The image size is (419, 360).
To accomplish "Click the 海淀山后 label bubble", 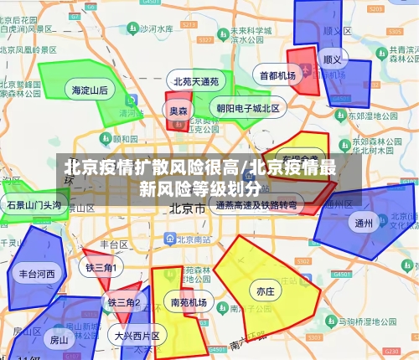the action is (90, 90).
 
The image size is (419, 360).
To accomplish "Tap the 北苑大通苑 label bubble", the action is (196, 82).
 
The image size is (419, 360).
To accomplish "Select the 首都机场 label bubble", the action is (277, 75).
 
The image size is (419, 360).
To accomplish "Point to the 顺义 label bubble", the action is (333, 60).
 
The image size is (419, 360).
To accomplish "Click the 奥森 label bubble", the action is (178, 111).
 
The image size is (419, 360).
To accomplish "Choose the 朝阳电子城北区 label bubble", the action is (248, 108).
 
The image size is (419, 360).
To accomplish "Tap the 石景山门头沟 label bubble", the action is (34, 204).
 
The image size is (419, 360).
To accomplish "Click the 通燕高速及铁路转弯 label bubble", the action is (256, 204).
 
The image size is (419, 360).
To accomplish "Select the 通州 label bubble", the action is (363, 223).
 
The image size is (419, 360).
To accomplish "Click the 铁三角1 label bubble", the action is (100, 267).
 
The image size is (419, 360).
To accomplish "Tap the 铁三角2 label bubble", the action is (123, 301).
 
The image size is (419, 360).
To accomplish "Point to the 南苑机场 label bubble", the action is (188, 301).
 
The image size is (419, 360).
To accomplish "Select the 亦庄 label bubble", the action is (265, 291).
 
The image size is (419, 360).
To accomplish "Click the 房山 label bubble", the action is (59, 340).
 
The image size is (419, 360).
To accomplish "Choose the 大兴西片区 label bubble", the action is (137, 336).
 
